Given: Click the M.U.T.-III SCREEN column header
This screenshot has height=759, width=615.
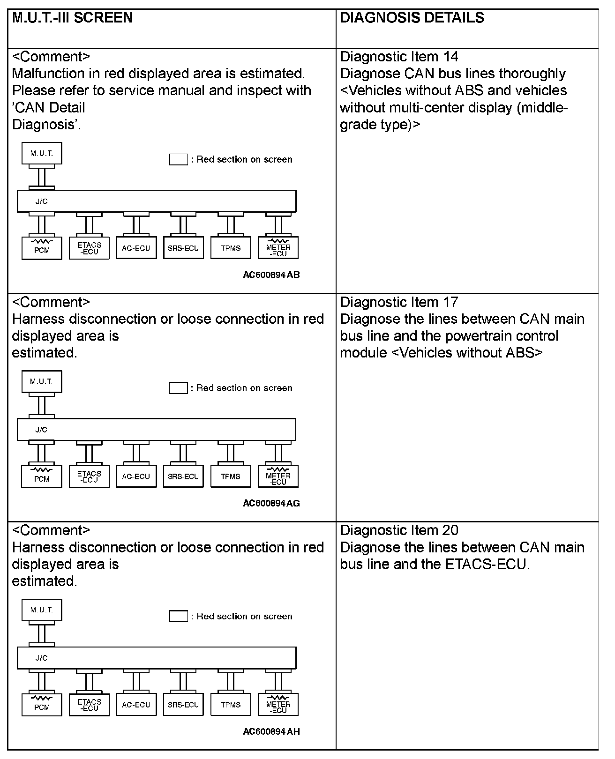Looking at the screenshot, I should [72, 18].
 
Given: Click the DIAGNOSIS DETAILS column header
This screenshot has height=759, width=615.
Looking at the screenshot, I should [412, 18].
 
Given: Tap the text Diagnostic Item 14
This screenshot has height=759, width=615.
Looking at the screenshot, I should [399, 57].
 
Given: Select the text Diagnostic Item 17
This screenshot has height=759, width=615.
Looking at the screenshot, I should [399, 302].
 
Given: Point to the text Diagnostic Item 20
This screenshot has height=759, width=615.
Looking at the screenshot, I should [399, 530].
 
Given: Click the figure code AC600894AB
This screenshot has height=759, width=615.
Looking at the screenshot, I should [271, 275].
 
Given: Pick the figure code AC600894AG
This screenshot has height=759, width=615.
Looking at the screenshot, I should [271, 504].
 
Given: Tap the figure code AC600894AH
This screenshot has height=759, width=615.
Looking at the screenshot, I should [271, 732].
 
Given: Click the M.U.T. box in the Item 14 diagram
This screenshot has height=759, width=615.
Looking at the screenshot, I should [42, 154].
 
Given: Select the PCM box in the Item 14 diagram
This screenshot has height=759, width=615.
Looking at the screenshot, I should [42, 248].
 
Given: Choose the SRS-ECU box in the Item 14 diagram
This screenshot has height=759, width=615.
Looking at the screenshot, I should [183, 248].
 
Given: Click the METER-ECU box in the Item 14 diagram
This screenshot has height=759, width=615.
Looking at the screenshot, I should [278, 248].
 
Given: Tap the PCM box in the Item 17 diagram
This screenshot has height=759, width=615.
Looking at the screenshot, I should [42, 477].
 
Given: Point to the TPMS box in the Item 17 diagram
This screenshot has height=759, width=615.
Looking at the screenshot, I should [231, 477].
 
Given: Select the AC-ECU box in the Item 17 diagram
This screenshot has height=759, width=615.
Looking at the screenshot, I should [136, 477].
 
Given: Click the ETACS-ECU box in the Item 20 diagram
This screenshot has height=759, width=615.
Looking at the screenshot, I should [89, 705].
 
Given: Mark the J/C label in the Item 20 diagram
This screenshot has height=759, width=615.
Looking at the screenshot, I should [41, 658].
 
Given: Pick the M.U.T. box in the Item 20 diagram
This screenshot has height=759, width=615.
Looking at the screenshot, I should [42, 610].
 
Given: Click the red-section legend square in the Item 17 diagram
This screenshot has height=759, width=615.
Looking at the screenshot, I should [178, 388].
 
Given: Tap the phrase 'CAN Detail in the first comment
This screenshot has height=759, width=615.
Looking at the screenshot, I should [48, 108].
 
